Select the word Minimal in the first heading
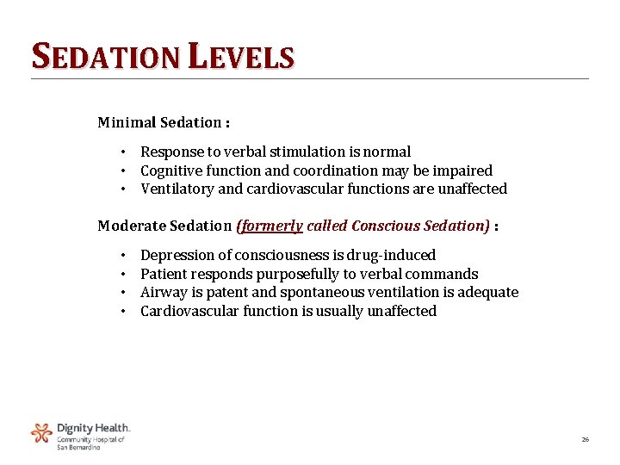126,122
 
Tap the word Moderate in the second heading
129,226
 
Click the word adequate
487,292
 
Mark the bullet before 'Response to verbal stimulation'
124,152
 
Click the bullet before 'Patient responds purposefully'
124,274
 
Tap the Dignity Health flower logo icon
41,432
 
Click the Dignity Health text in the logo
93,428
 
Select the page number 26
586,440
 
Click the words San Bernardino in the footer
78,447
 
